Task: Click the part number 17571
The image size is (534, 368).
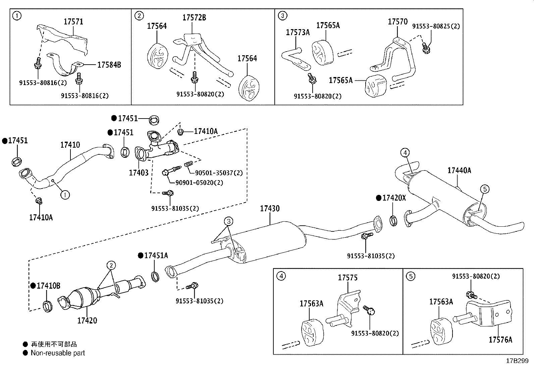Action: coord(73,22)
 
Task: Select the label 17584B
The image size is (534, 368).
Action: coord(109,65)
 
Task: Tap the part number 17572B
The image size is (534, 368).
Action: coord(194,18)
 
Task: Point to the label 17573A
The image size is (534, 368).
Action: coord(298,32)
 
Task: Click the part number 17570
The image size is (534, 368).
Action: coord(397,22)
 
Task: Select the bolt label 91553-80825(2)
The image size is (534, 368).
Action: coord(436,26)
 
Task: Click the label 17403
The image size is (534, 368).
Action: coord(139,173)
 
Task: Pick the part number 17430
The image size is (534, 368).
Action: coord(270,209)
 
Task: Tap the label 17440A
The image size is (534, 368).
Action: coord(459,170)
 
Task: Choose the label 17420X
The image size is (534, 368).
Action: coord(394,198)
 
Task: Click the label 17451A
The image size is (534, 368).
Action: coord(156,255)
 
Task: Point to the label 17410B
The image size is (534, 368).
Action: coord(48,286)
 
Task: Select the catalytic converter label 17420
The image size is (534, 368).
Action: coord(87,320)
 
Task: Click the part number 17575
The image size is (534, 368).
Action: coord(348,278)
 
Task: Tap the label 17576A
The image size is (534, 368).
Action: coord(500,340)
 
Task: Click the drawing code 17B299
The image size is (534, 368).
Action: coord(517,361)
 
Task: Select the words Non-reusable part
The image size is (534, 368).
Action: coord(58,353)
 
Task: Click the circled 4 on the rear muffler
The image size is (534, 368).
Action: coord(405,153)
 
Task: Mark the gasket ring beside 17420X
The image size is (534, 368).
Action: coord(393,221)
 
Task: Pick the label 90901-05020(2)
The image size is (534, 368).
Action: coord(199,183)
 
